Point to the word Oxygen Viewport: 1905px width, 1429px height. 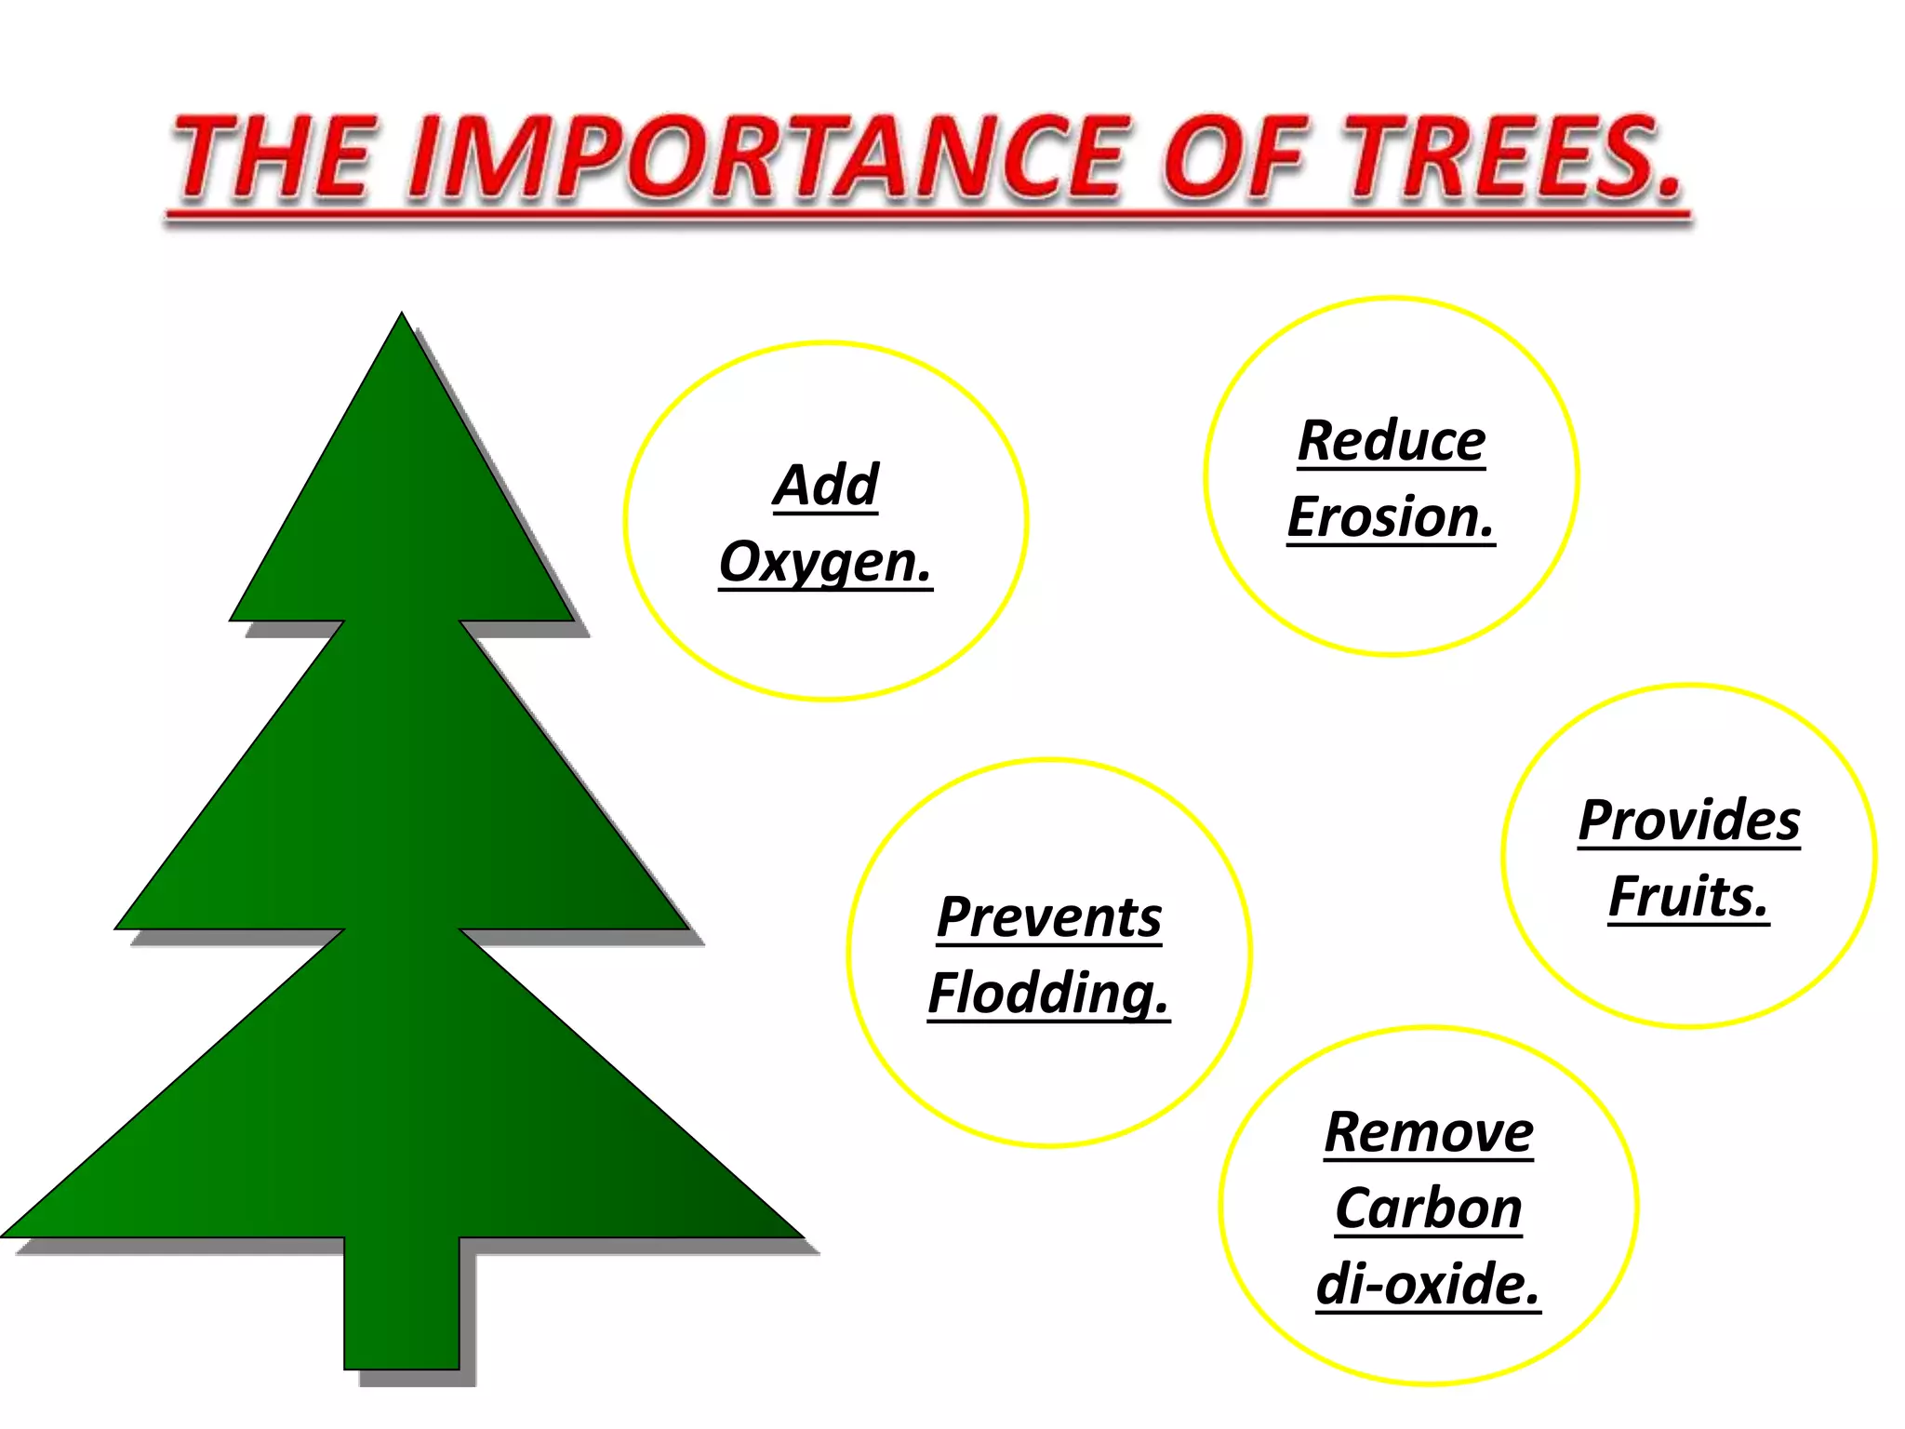pos(825,562)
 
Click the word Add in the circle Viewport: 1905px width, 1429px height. pos(825,485)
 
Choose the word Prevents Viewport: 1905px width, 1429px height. pos(1049,917)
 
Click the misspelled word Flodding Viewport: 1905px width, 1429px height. pos(1048,994)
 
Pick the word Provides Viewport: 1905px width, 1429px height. pos(1689,821)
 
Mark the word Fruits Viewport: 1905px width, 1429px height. pos(1688,897)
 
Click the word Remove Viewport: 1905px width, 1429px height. pos(1429,1132)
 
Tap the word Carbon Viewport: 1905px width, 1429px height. pos(1429,1209)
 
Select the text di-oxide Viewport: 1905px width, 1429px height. pos(1428,1285)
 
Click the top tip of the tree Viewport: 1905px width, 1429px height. pos(402,319)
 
